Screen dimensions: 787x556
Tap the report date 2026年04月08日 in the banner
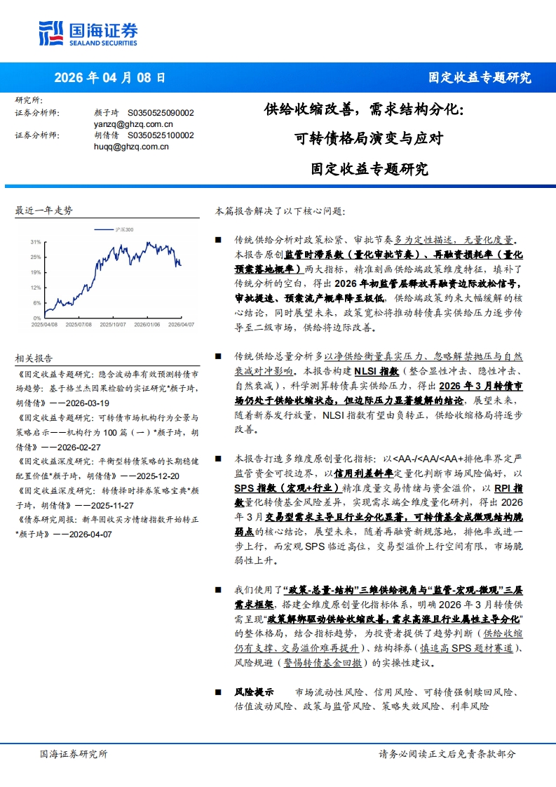[x=110, y=78]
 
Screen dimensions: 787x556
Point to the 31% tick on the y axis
[x=35, y=241]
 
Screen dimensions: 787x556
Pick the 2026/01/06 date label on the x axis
[x=147, y=324]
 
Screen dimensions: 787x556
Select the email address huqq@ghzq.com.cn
[x=131, y=147]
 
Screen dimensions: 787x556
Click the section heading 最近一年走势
[x=43, y=210]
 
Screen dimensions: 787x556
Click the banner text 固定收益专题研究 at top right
[x=480, y=78]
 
